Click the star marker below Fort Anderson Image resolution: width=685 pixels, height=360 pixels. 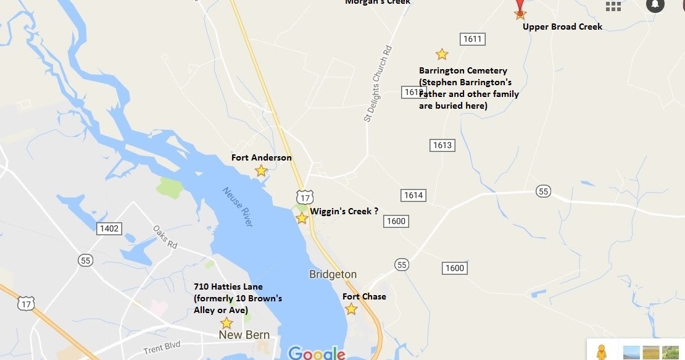pos(261,170)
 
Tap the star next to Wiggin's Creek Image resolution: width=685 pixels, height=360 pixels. pos(302,218)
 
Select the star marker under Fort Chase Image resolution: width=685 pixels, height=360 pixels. pos(351,309)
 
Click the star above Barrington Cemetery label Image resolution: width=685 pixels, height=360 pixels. pos(442,54)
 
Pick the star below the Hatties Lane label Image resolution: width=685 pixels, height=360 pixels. pos(226,323)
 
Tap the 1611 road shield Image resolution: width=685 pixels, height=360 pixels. pos(472,39)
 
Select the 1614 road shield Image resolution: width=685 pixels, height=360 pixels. pos(413,195)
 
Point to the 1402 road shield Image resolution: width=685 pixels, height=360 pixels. pos(109,228)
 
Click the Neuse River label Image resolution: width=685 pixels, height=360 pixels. pos(238,207)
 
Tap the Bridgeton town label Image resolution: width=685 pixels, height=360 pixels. pos(333,274)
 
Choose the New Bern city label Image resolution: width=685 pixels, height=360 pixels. pos(244,335)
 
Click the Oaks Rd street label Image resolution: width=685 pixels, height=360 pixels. pos(165,237)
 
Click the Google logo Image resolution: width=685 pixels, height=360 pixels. pos(317,353)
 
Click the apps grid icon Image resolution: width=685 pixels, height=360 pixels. pos(613,6)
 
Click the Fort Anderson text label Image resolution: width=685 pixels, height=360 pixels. pos(262,157)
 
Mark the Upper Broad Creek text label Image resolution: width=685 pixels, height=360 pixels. pos(562,27)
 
